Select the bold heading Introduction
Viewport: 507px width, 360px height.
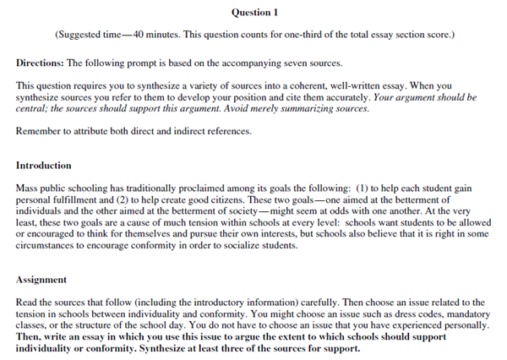point(44,165)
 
